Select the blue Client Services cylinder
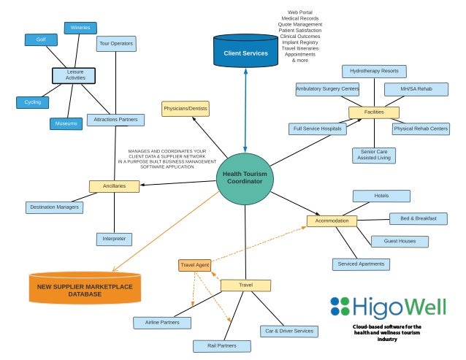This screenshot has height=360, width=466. [x=245, y=51]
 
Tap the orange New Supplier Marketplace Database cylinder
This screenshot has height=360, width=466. [x=85, y=287]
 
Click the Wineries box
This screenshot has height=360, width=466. [x=81, y=28]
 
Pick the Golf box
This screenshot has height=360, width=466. [x=41, y=39]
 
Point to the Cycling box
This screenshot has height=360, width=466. [x=33, y=102]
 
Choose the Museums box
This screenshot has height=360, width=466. [x=66, y=124]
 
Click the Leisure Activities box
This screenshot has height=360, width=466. [x=75, y=75]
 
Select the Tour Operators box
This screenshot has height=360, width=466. [x=116, y=44]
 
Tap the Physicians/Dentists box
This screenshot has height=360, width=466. [x=186, y=109]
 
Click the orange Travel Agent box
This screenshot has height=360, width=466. [x=194, y=264]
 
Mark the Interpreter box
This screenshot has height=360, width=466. [x=115, y=239]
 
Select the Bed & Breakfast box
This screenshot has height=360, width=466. [x=413, y=218]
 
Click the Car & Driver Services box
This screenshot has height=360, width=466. [x=288, y=331]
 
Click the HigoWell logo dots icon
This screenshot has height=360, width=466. [x=340, y=305]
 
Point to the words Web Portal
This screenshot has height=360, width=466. [x=300, y=12]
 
